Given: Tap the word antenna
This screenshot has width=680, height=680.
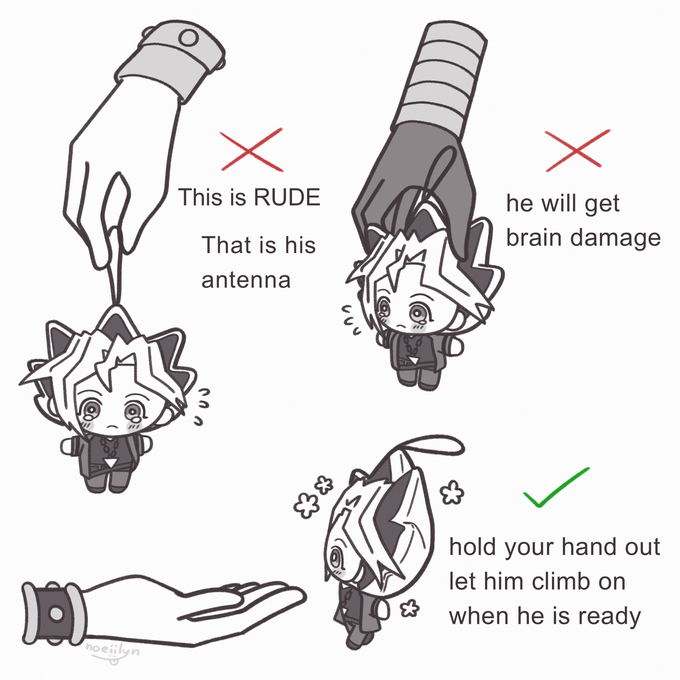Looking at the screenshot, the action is point(246,280).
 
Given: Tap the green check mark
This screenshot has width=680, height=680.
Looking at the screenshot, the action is point(556,487).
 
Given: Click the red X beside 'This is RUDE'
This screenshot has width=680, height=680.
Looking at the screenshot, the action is point(252,150).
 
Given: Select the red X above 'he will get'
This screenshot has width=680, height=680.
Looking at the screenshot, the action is point(577,151).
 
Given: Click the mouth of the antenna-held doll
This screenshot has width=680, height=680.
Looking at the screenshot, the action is point(112,427).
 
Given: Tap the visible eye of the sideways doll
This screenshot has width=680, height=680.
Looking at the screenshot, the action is point(334,557).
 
